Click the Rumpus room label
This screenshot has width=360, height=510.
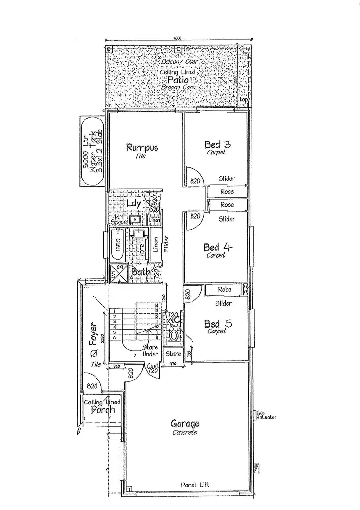point(142,147)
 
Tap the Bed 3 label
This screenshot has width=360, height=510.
point(212,144)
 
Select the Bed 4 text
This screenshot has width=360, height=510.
point(218,248)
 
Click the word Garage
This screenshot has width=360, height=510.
point(185,424)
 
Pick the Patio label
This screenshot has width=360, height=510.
point(178,80)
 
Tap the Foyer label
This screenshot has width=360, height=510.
point(94,333)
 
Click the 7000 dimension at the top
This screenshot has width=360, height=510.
point(177,39)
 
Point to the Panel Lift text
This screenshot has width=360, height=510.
point(192,486)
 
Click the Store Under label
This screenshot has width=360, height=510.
point(151,352)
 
